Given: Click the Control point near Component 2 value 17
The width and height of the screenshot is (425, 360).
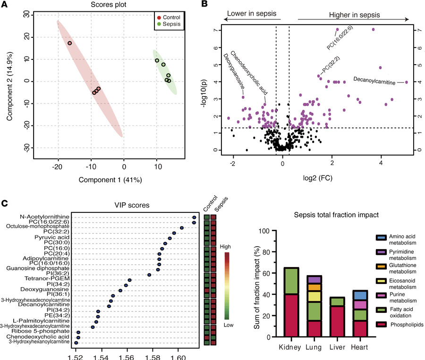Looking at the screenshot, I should tap(69, 43).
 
